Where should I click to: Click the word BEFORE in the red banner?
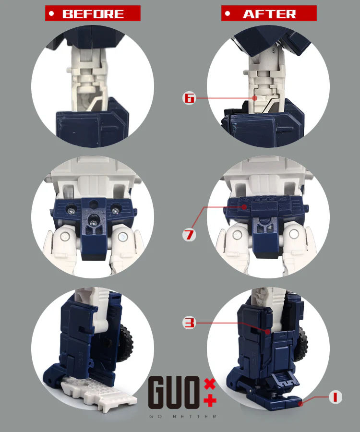93,14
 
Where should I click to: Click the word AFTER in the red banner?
269,14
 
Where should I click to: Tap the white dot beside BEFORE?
51,13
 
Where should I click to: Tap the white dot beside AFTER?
227,13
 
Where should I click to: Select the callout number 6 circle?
189,98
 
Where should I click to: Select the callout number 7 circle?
189,235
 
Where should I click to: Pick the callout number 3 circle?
189,323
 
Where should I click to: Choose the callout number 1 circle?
335,397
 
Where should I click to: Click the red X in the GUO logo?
210,384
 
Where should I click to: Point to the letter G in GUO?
156,392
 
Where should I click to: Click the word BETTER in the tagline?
195,416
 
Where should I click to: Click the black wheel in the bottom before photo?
126,344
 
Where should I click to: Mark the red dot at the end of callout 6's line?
255,98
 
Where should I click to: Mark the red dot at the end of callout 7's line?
244,207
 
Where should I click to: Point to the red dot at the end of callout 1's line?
301,404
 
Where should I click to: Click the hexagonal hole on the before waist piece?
94,204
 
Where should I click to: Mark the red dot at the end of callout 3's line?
267,332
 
